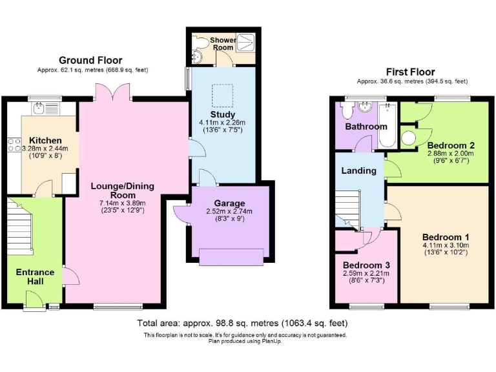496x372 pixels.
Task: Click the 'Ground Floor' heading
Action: (x=91, y=61)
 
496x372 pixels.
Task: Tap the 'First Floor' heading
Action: (x=410, y=72)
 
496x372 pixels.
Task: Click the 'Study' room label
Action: (x=222, y=114)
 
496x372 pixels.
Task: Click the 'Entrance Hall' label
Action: (x=36, y=277)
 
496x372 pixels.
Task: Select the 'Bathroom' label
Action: (x=366, y=127)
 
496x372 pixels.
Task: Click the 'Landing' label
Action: (x=358, y=170)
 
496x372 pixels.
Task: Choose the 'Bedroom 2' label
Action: (x=450, y=145)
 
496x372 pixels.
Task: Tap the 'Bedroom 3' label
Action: (x=366, y=265)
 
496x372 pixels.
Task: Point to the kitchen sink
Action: (x=39, y=108)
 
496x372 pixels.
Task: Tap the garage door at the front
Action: (x=231, y=257)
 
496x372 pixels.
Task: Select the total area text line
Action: (x=242, y=323)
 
